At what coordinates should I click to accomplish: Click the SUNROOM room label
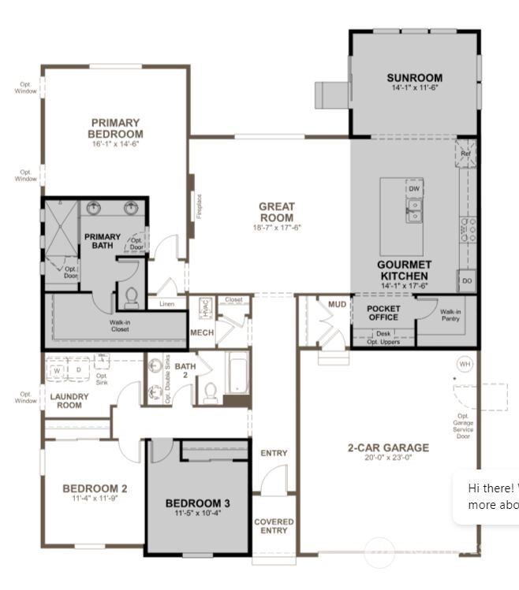point(414,78)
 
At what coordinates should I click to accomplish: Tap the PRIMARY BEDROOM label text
point(115,128)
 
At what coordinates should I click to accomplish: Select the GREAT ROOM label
point(276,212)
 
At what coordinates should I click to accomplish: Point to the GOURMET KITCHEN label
point(404,270)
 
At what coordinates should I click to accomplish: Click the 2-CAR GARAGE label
point(388,447)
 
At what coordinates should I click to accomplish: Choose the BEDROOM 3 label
point(198,503)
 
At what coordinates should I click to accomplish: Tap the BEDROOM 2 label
point(95,488)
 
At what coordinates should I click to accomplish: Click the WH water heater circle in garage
point(465,365)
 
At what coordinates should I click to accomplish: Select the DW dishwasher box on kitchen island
point(414,189)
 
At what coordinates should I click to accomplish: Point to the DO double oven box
point(467,281)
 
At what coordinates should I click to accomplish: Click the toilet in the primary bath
point(132,297)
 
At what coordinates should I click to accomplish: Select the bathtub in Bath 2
point(237,374)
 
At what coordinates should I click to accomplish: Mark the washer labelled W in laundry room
point(58,369)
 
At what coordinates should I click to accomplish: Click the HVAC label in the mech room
point(203,306)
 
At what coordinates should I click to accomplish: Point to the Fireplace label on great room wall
point(200,206)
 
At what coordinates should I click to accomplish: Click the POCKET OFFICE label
point(383,313)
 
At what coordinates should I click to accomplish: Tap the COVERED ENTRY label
point(274,526)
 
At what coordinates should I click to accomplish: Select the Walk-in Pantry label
point(450,314)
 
